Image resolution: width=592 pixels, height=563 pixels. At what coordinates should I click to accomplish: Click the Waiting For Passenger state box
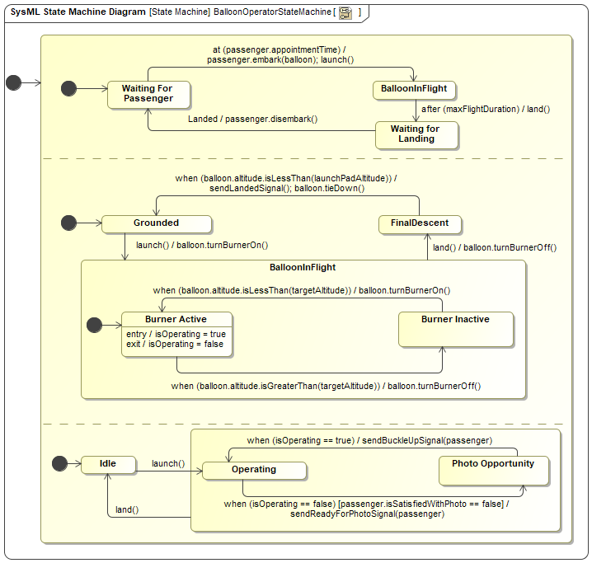tap(148, 95)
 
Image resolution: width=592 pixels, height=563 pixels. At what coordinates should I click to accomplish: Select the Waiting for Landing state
tap(416, 134)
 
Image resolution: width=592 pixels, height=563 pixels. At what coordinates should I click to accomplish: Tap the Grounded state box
tap(157, 223)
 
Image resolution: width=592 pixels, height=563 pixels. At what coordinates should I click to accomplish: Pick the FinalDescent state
tap(420, 224)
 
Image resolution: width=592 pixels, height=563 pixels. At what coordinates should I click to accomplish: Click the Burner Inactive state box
tap(456, 329)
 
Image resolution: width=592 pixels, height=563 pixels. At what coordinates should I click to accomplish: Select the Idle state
tap(108, 465)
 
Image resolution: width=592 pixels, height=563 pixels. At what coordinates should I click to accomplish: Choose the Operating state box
tap(254, 471)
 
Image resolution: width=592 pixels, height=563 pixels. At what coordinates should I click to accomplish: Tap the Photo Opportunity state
tap(493, 471)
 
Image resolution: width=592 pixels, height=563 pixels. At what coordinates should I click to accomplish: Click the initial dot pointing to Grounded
tap(68, 223)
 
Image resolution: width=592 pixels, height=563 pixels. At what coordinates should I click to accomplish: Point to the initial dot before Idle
tap(59, 463)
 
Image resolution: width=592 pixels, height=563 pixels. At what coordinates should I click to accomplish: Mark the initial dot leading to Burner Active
tap(94, 325)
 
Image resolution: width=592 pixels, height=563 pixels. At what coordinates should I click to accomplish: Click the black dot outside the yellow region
tap(13, 82)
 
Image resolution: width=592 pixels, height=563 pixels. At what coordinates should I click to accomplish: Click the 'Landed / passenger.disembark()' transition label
tap(252, 119)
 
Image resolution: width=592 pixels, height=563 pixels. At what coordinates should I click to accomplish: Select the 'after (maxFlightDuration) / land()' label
tap(486, 109)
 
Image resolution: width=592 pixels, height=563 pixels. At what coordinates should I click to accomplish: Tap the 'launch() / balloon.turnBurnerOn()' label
tap(202, 245)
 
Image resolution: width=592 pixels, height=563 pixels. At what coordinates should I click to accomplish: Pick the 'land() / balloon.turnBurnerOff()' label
tap(495, 247)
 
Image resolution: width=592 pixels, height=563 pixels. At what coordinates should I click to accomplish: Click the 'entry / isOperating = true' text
tap(176, 334)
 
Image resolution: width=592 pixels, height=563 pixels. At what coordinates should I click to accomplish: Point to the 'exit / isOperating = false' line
tap(175, 344)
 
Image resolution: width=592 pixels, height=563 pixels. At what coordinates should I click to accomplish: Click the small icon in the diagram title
tap(345, 13)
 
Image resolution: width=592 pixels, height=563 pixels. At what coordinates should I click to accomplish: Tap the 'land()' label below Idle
tap(127, 509)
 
